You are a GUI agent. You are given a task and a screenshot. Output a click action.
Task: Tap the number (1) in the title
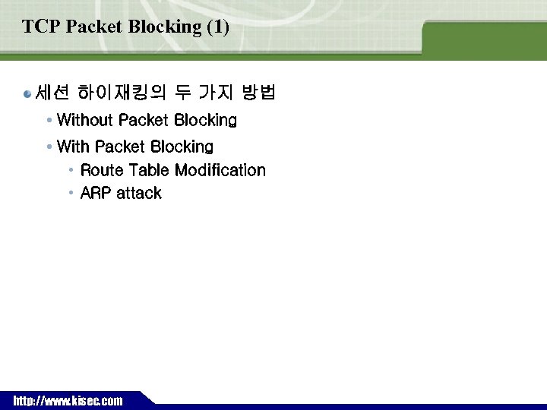(x=217, y=27)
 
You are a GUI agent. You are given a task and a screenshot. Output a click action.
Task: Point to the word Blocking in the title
(x=165, y=27)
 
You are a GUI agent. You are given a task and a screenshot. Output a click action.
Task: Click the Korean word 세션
(x=52, y=93)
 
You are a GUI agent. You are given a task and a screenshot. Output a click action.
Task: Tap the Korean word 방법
(x=258, y=93)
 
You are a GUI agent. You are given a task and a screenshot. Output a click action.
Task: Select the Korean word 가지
(x=215, y=93)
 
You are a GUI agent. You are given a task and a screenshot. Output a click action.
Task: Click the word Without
(x=84, y=120)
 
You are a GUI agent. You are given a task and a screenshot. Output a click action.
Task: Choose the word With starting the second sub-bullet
(x=73, y=146)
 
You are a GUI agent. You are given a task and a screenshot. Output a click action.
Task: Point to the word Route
(x=102, y=170)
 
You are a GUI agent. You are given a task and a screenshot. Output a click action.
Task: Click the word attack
(x=139, y=193)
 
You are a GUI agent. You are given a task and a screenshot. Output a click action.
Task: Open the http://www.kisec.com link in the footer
(x=68, y=401)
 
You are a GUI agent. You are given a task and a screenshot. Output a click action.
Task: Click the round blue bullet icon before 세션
(x=28, y=94)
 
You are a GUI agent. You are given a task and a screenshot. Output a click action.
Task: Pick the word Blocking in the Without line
(x=205, y=120)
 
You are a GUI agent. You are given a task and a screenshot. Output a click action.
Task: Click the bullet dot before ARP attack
(x=71, y=193)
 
